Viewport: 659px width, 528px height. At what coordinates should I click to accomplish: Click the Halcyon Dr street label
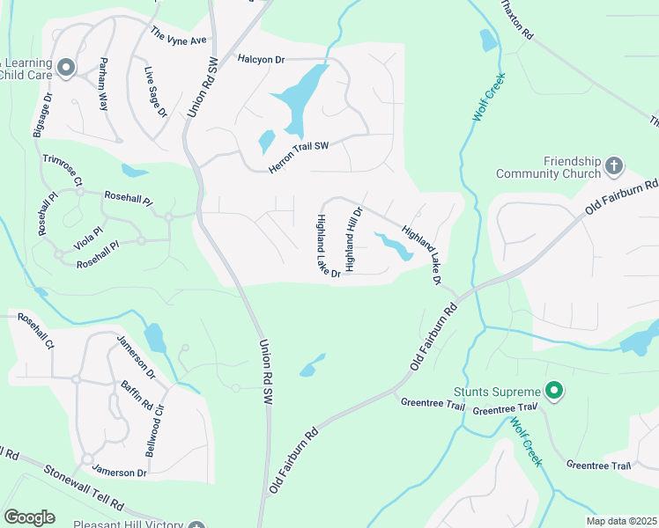click(262, 59)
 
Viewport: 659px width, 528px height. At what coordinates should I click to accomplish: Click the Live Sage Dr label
click(155, 92)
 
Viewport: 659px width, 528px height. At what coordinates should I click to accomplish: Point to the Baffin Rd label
click(137, 394)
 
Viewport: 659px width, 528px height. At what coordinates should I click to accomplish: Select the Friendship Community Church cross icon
click(615, 165)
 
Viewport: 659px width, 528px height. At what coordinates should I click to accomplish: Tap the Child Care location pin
click(66, 68)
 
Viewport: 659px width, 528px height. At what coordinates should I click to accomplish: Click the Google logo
click(29, 517)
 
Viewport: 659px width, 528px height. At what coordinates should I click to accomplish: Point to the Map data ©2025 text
click(621, 521)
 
